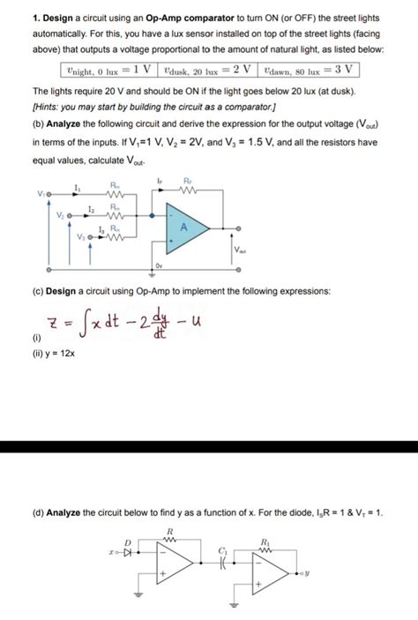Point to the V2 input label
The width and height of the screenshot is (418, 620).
click(x=60, y=214)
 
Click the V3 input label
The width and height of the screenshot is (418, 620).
click(x=82, y=237)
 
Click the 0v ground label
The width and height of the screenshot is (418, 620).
click(x=160, y=264)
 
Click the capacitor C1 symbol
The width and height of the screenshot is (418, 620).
click(x=223, y=562)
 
